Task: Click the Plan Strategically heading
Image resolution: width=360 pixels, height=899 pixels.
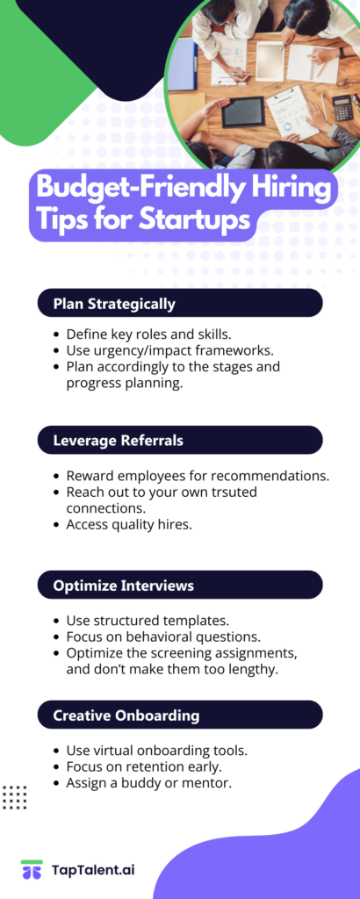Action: (x=114, y=304)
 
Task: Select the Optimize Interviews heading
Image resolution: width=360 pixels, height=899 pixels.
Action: (x=123, y=586)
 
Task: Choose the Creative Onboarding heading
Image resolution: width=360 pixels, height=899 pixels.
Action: (x=126, y=716)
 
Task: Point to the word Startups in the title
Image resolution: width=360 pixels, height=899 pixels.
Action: (x=195, y=220)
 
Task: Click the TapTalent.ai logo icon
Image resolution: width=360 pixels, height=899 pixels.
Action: (x=32, y=869)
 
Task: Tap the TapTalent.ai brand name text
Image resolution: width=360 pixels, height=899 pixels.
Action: (x=93, y=870)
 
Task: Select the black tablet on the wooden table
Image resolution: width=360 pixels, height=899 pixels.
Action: (x=243, y=112)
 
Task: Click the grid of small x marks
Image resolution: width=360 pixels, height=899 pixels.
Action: (x=14, y=797)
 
